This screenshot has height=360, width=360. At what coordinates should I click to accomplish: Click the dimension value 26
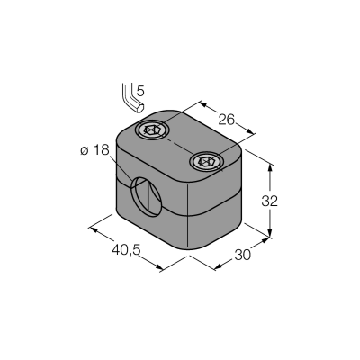tap(226, 120)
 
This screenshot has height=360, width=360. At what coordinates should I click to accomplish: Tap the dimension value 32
tap(270, 202)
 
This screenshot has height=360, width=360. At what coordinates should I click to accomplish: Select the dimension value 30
tap(242, 256)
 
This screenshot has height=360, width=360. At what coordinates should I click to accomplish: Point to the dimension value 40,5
tap(126, 249)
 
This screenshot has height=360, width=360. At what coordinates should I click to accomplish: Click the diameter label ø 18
tap(94, 150)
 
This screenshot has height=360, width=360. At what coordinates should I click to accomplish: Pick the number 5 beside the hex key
tap(140, 91)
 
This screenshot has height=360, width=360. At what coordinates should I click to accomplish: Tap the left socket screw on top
tap(152, 130)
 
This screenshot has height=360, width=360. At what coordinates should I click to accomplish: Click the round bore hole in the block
tap(147, 197)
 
